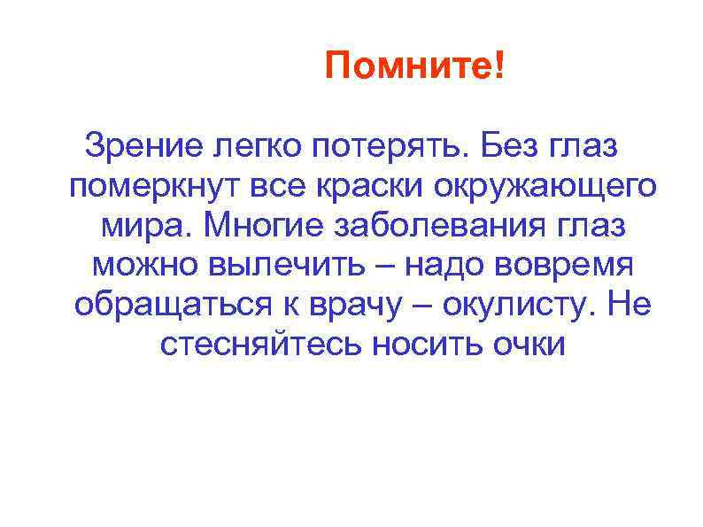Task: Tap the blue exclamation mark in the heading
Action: pyautogui.click(x=501, y=65)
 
